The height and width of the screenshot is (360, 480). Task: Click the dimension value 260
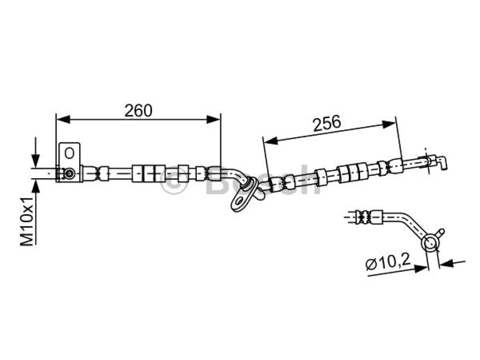tap(138, 111)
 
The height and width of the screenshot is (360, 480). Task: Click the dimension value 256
tap(327, 123)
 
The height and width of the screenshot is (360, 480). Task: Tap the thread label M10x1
tap(27, 221)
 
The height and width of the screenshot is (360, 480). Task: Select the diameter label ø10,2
tap(388, 263)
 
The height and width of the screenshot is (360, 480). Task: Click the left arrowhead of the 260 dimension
tap(63, 120)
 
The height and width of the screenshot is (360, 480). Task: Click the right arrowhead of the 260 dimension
tap(213, 120)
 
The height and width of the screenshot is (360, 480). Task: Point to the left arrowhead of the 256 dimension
tap(270, 141)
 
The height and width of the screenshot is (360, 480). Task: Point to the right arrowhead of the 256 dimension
tap(389, 124)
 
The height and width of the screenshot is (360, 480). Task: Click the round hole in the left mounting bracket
tap(69, 153)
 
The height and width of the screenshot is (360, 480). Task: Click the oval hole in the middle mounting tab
tap(240, 202)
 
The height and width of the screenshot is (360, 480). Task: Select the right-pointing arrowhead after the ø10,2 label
tap(420, 268)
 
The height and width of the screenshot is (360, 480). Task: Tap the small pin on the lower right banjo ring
tap(441, 233)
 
